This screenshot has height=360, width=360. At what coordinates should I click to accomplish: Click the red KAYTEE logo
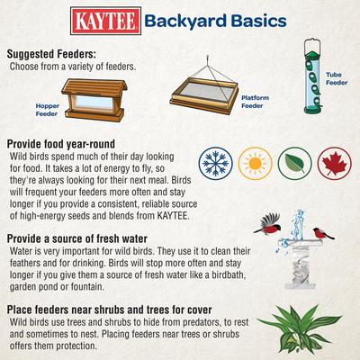(x=104, y=21)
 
